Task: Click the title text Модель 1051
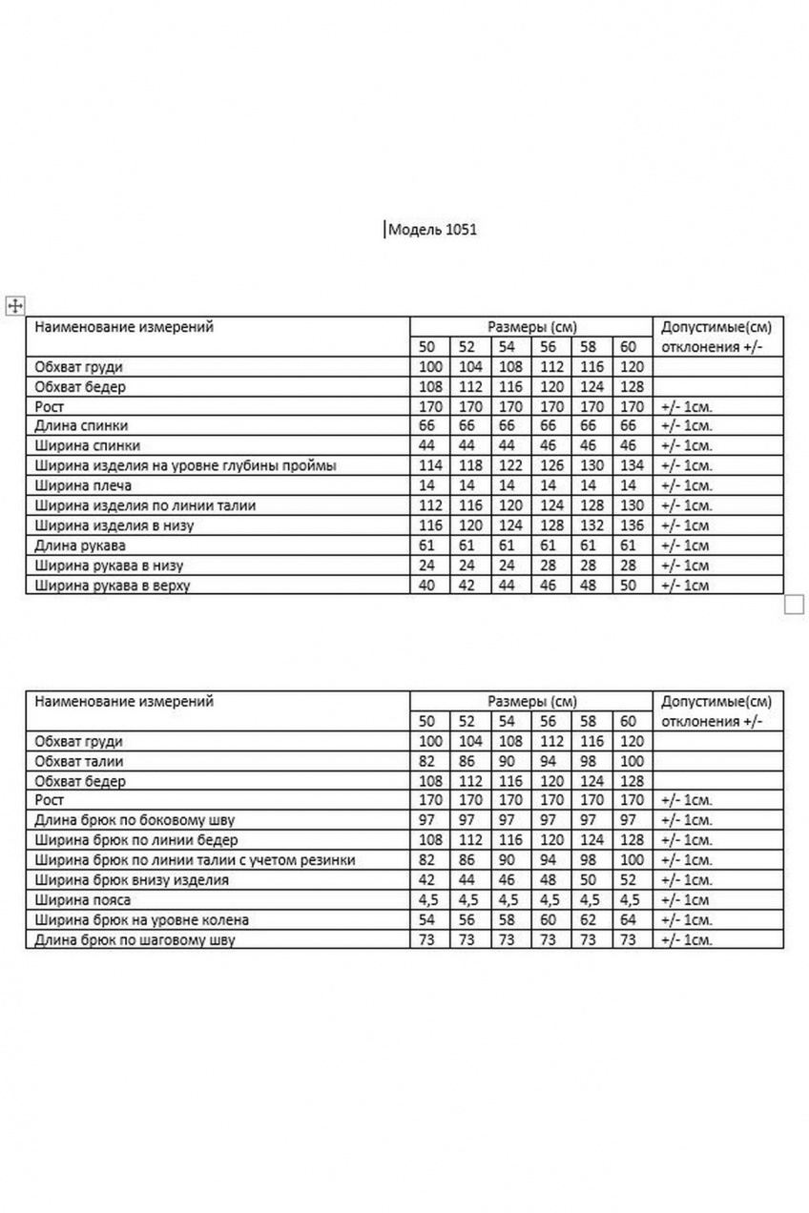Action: [x=430, y=230]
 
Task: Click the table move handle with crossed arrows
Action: [x=15, y=305]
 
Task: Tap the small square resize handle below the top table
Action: [x=795, y=604]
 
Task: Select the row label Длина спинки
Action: [x=81, y=426]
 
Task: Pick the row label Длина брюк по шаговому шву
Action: [x=134, y=940]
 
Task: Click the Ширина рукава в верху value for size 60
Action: [x=627, y=586]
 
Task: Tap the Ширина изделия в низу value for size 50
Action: [x=426, y=525]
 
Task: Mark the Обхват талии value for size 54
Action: [x=507, y=761]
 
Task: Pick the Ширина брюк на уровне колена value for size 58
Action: [x=588, y=920]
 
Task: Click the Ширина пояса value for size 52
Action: [x=467, y=900]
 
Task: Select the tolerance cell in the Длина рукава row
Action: [x=685, y=545]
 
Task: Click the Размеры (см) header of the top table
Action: [x=531, y=326]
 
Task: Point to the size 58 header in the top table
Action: [x=588, y=346]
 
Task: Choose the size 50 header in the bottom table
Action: [x=426, y=721]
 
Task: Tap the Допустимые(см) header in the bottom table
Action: [x=716, y=701]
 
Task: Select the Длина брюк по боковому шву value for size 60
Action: [x=627, y=820]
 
